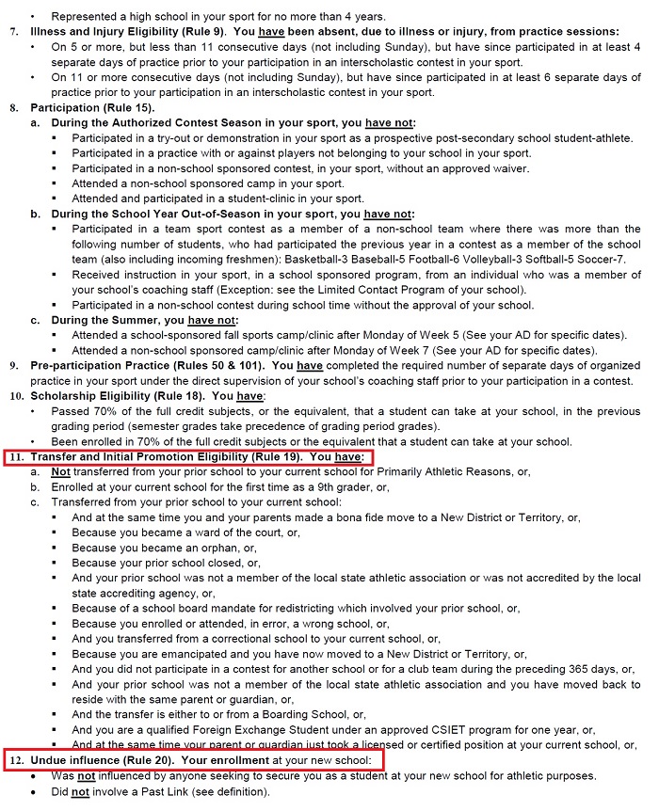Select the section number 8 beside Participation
[x=13, y=108]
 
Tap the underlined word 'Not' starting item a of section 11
[x=60, y=472]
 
